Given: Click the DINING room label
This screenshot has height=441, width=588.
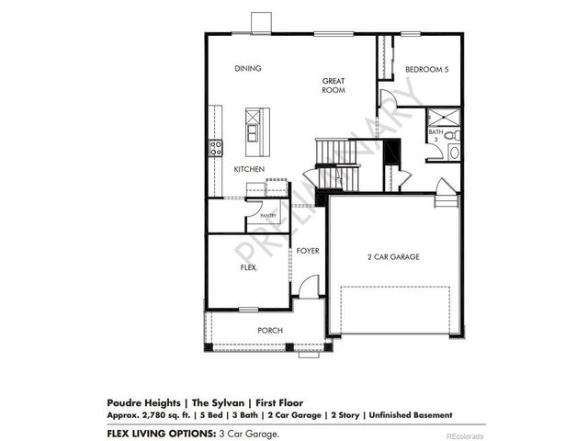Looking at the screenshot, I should pyautogui.click(x=247, y=69).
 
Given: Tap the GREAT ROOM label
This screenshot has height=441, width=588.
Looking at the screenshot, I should pyautogui.click(x=333, y=85).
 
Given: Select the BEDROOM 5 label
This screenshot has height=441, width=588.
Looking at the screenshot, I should pyautogui.click(x=427, y=69).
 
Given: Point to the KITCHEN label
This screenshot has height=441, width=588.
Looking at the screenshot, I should pyautogui.click(x=248, y=170).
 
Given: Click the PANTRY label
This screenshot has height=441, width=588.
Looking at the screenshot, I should pyautogui.click(x=268, y=216).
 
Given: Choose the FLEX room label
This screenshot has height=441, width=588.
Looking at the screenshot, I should pyautogui.click(x=247, y=267).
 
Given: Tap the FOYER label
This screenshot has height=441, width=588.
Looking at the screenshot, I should pyautogui.click(x=307, y=249).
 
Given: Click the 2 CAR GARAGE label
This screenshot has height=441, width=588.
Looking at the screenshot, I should pyautogui.click(x=393, y=257).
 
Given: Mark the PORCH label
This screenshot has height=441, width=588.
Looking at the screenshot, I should pyautogui.click(x=269, y=331).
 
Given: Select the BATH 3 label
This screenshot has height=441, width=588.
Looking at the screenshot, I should pyautogui.click(x=435, y=135).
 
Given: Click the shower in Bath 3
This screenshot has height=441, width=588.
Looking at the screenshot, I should pyautogui.click(x=443, y=116).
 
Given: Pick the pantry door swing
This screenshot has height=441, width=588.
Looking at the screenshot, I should pyautogui.click(x=254, y=220).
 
